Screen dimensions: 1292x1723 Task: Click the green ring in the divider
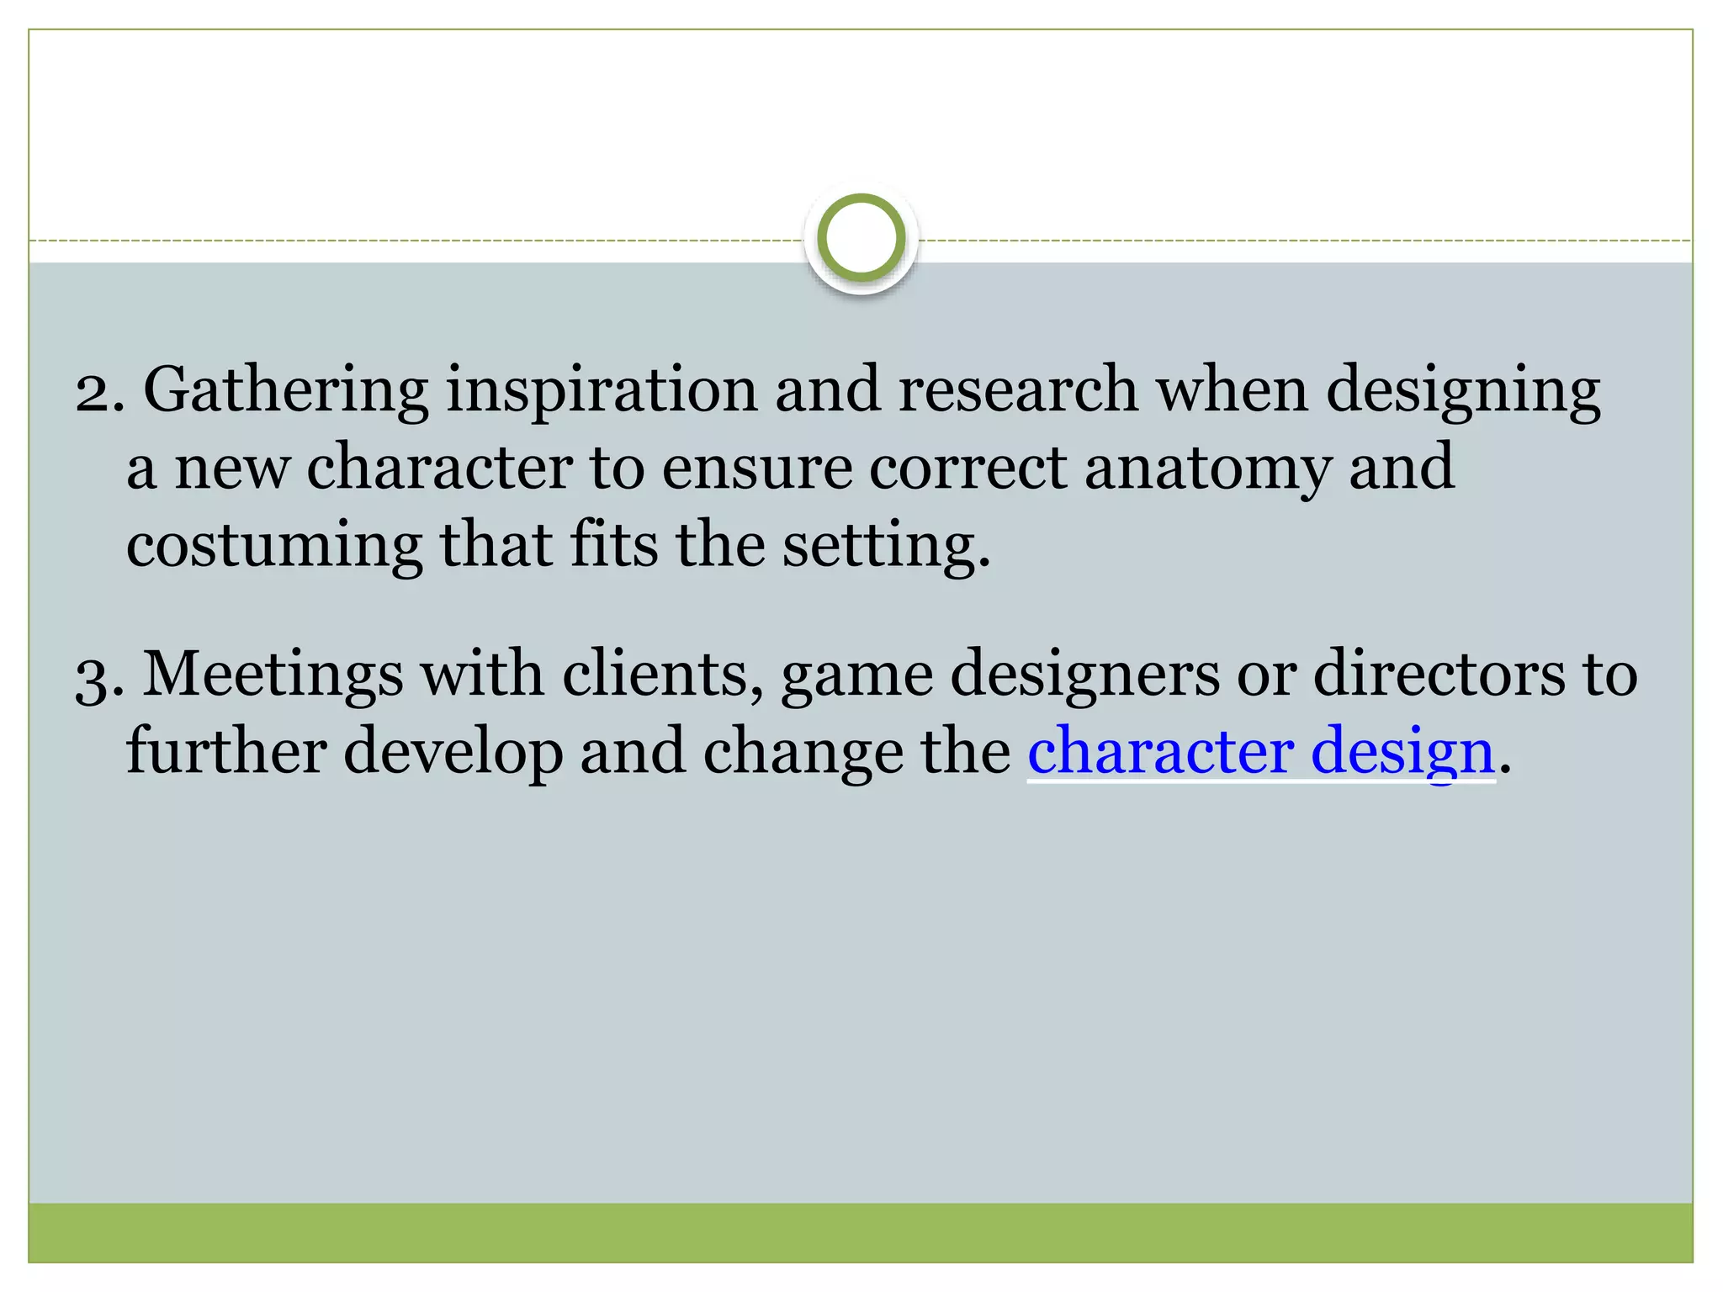click(861, 239)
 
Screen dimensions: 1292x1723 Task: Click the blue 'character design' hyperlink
click(1260, 751)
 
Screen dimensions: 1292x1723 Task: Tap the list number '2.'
click(100, 392)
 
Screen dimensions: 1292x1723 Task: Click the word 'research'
click(1018, 390)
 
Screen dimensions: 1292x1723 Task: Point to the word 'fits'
click(614, 545)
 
